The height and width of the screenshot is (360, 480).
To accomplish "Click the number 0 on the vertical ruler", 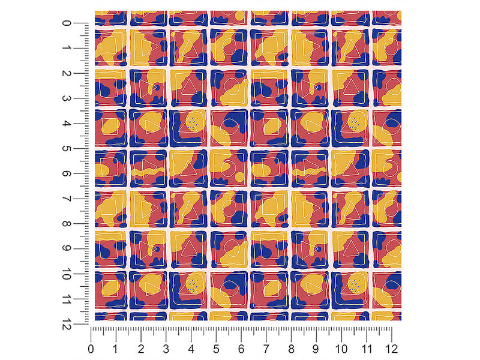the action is pyautogui.click(x=67, y=23).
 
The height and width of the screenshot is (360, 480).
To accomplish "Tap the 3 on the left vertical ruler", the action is pyautogui.click(x=67, y=98).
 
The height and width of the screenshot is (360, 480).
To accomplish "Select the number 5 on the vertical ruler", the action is pyautogui.click(x=67, y=149).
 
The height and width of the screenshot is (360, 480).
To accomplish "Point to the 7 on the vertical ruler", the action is pyautogui.click(x=67, y=199).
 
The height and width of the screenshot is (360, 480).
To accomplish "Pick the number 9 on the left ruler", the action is pyautogui.click(x=67, y=248).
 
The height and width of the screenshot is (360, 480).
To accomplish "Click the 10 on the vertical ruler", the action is pyautogui.click(x=67, y=274).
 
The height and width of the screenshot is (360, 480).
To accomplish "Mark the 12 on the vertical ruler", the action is pyautogui.click(x=67, y=324).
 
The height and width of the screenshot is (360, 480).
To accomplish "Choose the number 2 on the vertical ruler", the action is pyautogui.click(x=67, y=73).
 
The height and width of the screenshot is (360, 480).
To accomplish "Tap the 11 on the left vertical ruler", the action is pyautogui.click(x=67, y=299).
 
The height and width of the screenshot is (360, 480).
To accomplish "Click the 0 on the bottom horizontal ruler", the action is pyautogui.click(x=91, y=349).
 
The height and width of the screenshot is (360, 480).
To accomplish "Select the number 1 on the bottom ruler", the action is pyautogui.click(x=115, y=349).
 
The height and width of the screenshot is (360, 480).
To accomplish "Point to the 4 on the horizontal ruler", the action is pyautogui.click(x=191, y=349).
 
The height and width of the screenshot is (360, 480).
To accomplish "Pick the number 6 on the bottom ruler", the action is pyautogui.click(x=241, y=349).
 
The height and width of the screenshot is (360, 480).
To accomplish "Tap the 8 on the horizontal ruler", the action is pyautogui.click(x=291, y=349).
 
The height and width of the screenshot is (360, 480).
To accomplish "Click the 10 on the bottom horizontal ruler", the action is pyautogui.click(x=341, y=349).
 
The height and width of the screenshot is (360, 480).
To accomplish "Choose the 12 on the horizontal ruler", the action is pyautogui.click(x=392, y=349).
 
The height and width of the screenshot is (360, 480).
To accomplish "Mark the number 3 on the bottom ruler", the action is pyautogui.click(x=166, y=349).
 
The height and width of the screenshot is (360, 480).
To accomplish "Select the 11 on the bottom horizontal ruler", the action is pyautogui.click(x=367, y=349).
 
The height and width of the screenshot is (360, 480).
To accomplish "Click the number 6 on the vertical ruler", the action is pyautogui.click(x=67, y=174).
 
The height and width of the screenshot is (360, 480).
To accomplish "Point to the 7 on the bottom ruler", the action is pyautogui.click(x=266, y=349).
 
